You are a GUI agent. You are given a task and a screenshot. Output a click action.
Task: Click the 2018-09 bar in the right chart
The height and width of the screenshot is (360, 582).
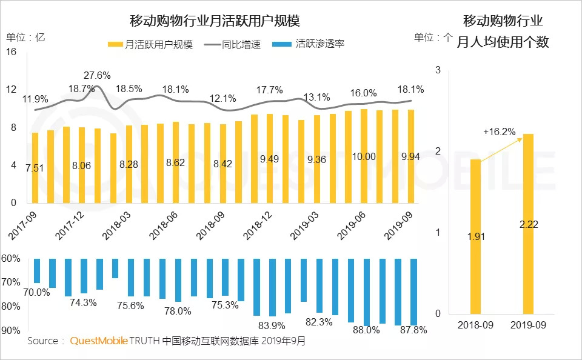[476, 236]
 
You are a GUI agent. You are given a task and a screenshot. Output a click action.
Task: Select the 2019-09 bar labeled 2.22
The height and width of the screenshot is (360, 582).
[529, 224]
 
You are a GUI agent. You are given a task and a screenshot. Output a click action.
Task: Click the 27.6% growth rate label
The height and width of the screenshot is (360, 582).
[97, 76]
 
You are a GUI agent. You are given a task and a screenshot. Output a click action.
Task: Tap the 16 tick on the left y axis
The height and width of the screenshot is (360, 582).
[12, 52]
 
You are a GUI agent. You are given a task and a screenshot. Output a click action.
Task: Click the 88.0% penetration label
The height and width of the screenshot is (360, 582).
[367, 330]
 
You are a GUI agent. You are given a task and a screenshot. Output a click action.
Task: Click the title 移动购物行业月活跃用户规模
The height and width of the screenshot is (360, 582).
[215, 21]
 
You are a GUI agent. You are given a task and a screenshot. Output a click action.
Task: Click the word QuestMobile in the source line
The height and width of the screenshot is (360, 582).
[99, 341]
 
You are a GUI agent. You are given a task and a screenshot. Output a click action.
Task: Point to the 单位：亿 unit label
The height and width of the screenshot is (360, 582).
[25, 37]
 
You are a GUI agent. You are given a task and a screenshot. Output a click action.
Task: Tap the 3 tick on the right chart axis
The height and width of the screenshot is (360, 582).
[438, 71]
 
